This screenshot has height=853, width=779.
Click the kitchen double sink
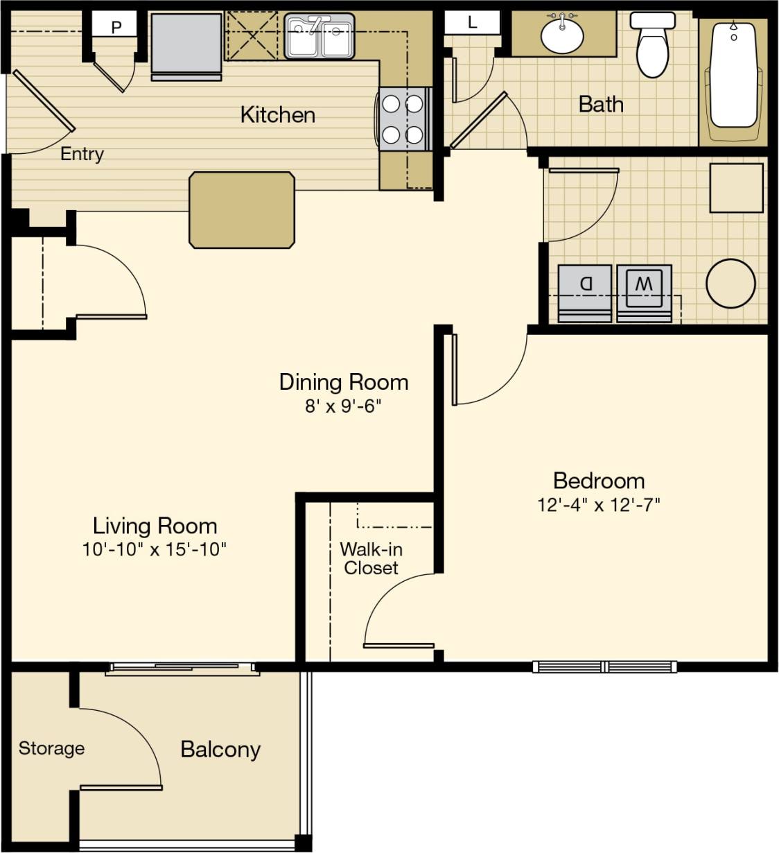[x=320, y=36]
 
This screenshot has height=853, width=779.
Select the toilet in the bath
[x=651, y=46]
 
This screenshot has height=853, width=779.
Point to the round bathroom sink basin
[x=562, y=35]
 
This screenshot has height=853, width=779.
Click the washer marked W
[x=644, y=292]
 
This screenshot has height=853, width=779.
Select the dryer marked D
[x=585, y=292]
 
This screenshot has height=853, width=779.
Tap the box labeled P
[x=116, y=27]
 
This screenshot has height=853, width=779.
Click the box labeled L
[x=473, y=22]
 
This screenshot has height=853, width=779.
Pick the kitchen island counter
[x=242, y=210]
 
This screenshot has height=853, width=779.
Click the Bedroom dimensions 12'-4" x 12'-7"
[x=598, y=505]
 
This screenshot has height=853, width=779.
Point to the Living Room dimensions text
[x=155, y=549]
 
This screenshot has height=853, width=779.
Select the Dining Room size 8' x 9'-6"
[x=343, y=406]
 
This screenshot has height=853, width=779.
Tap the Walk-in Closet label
[x=371, y=558]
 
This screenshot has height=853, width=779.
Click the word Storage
[x=51, y=748]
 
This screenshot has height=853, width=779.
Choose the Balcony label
[x=220, y=749]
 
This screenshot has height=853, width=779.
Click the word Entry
[x=82, y=154]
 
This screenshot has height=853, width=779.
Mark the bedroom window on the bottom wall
[x=604, y=667]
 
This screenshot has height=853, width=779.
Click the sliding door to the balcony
[x=183, y=669]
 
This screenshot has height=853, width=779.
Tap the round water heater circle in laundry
[x=730, y=284]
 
